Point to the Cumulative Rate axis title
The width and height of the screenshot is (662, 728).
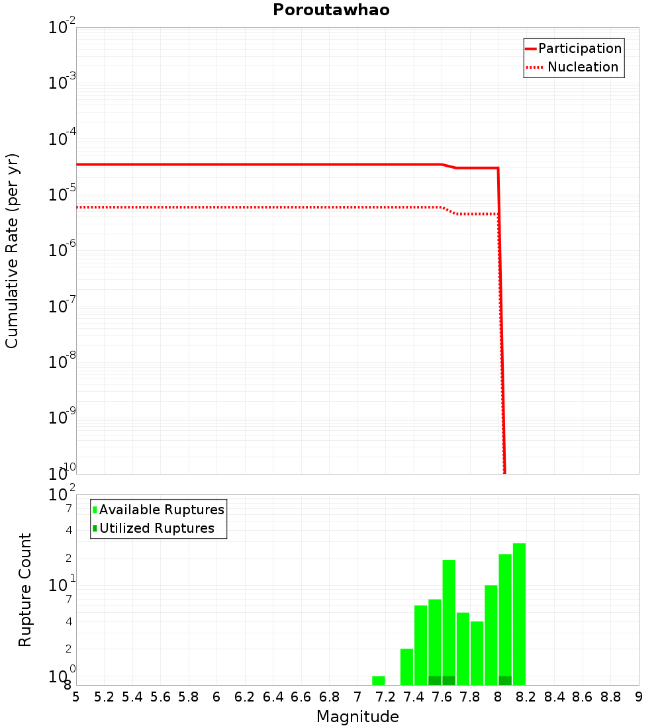(x=12, y=250)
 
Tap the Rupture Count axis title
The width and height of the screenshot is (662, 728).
(x=25, y=589)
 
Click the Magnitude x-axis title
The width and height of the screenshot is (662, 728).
(x=357, y=717)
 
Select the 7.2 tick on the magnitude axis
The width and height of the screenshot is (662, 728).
(x=385, y=697)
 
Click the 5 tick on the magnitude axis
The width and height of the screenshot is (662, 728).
(x=76, y=697)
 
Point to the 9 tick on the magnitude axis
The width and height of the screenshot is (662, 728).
(x=639, y=697)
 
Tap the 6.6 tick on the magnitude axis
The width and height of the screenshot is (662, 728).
(x=301, y=697)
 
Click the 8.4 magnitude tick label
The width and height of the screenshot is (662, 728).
(x=554, y=697)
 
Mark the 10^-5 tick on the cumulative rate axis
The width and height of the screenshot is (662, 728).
(x=62, y=195)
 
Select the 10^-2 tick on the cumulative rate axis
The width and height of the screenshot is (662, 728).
(x=62, y=28)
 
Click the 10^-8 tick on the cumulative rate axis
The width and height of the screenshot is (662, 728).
(x=62, y=362)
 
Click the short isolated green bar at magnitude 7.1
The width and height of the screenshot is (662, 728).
(x=379, y=680)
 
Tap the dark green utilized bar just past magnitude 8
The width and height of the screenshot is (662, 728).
(x=505, y=680)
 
